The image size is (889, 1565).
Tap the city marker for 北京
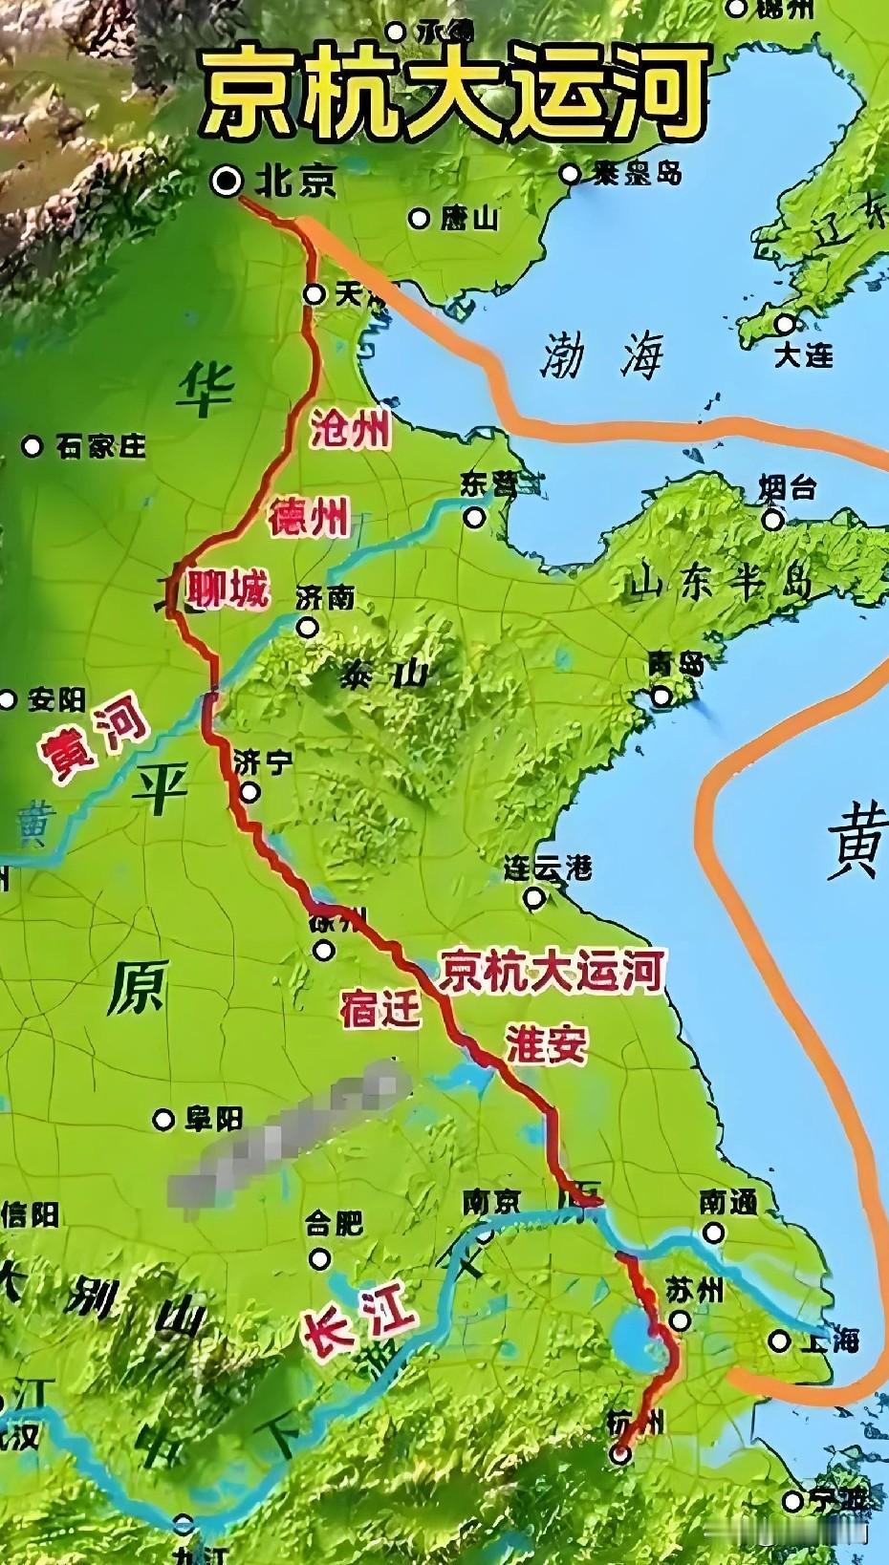tap(228, 180)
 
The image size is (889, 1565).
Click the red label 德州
tap(308, 519)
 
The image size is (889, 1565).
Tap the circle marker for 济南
tap(307, 628)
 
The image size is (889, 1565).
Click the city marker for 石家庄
tap(33, 446)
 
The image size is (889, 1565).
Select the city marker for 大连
tap(785, 324)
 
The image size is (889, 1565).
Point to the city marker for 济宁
tap(249, 792)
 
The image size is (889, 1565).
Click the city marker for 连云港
tap(534, 898)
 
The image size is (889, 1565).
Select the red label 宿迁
tap(380, 1009)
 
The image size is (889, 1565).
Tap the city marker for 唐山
tap(419, 219)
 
